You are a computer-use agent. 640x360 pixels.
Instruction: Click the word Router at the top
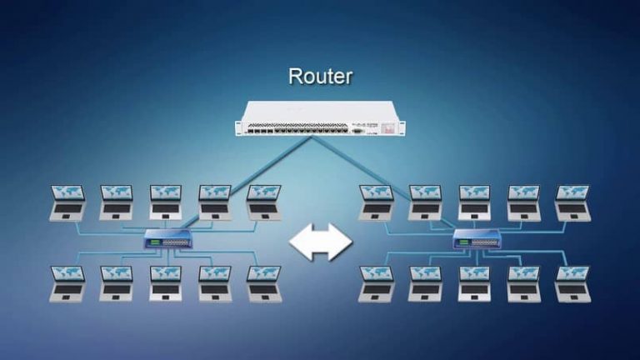[320, 77]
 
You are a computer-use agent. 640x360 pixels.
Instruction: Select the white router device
[320, 119]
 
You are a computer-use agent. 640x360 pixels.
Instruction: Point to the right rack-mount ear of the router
[402, 126]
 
